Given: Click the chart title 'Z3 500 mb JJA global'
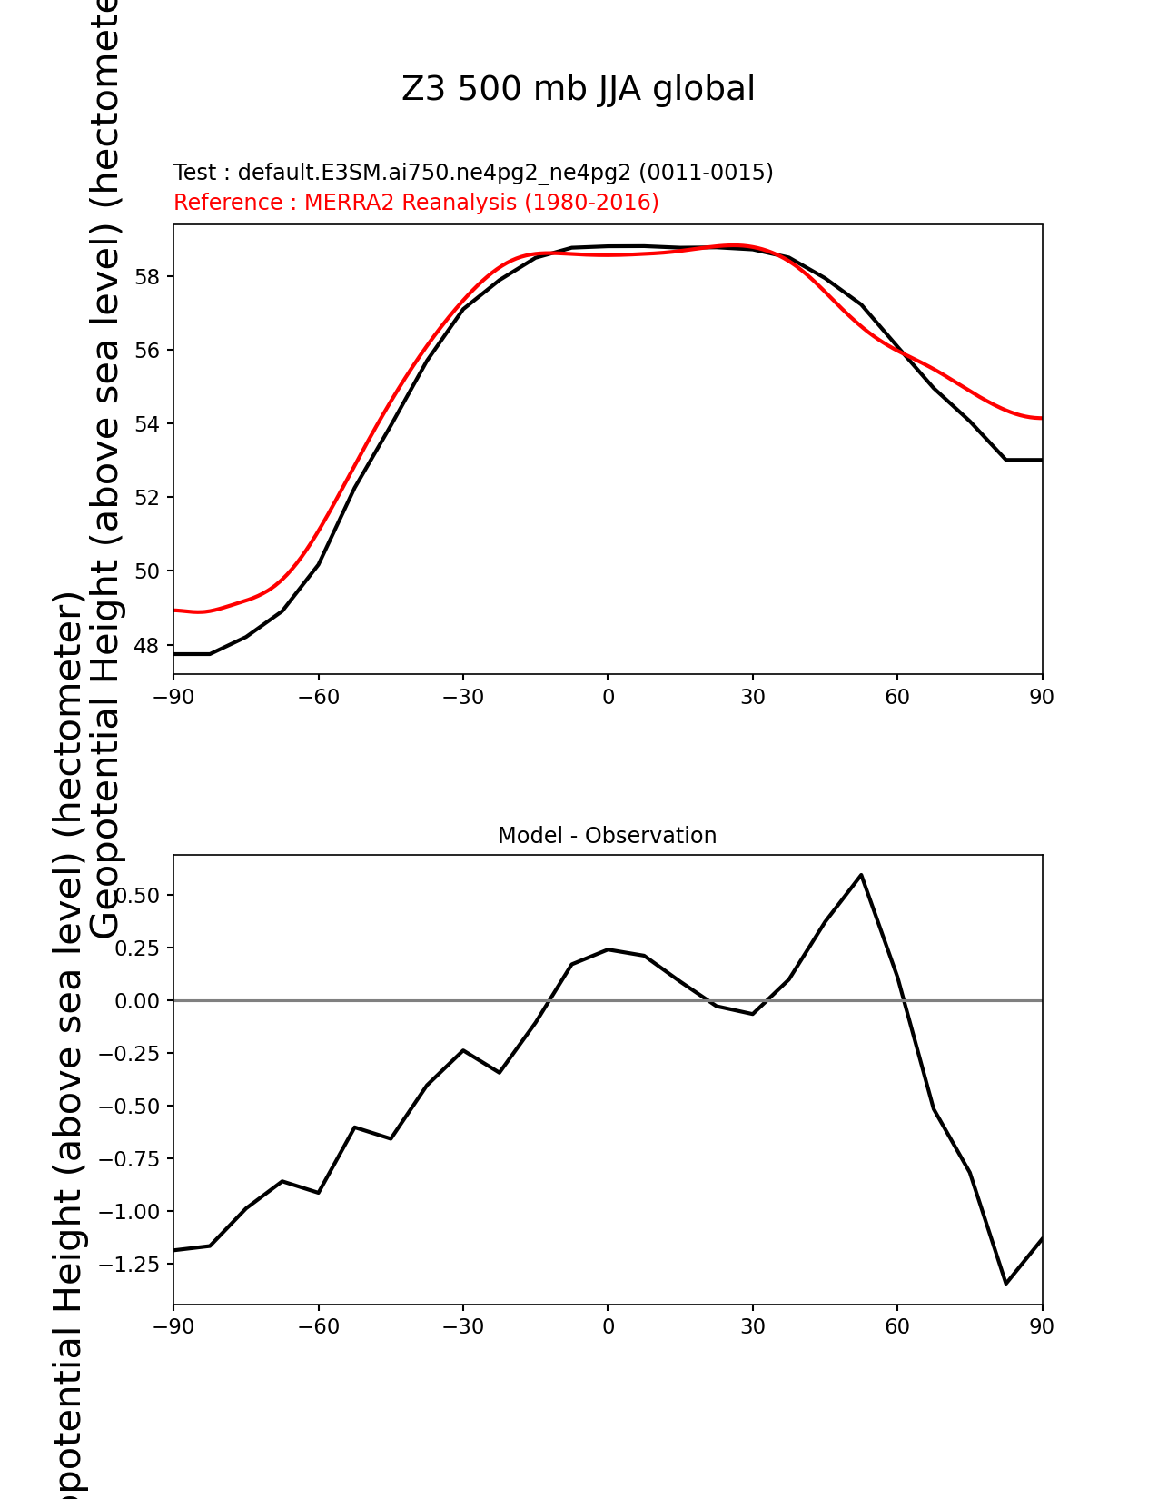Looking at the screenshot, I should coord(578,89).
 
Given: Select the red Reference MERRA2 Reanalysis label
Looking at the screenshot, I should coord(416,203).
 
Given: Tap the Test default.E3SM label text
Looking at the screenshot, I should coord(472,173).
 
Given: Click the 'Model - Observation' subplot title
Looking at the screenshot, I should coord(607,836).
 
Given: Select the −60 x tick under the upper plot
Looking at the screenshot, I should coord(318,697).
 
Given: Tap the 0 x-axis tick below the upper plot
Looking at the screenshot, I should coord(608,697).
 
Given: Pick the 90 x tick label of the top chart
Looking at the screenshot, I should coord(1042,697).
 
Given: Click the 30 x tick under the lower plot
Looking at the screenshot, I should coord(752,1327).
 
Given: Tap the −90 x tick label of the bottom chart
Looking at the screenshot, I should coord(173,1327).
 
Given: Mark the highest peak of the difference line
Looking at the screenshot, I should coord(861,875).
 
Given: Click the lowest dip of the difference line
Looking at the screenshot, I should coord(1005,1284).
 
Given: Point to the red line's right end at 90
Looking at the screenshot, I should coord(1041,418).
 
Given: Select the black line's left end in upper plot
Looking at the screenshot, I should coord(175,654).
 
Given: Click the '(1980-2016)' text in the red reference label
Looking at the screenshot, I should coord(591,203).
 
